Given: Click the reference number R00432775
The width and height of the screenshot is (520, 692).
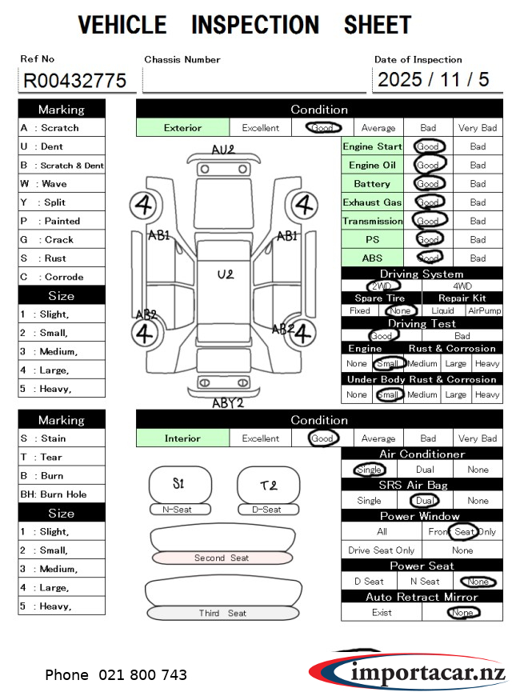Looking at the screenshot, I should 75,80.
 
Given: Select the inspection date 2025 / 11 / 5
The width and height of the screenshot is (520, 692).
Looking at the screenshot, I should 433,79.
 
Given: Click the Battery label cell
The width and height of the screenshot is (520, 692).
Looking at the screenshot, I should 372,184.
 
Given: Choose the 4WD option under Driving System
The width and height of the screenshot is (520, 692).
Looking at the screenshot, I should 462,286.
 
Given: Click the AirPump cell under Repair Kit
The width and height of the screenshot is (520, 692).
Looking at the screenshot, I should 485,310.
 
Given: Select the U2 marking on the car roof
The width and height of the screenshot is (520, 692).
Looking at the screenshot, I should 226,274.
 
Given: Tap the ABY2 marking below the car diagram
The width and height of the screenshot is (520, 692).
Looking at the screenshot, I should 227,403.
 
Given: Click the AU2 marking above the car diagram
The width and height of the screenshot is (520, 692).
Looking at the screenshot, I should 223,150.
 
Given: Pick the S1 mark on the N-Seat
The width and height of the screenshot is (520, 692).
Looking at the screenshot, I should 178,483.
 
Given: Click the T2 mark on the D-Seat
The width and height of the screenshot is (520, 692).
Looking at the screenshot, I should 268,485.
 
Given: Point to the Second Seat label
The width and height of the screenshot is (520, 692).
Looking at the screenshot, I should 222,558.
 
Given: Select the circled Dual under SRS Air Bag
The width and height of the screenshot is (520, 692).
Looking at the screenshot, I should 423,501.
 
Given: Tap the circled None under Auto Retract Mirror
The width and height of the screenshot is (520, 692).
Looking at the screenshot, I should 462,613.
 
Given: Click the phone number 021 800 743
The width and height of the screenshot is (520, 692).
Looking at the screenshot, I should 142,675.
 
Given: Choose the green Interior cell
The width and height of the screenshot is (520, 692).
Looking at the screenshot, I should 182,438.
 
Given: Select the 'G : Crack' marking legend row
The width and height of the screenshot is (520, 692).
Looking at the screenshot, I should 62,239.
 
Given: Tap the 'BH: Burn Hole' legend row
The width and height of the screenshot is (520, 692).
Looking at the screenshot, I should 62,494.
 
